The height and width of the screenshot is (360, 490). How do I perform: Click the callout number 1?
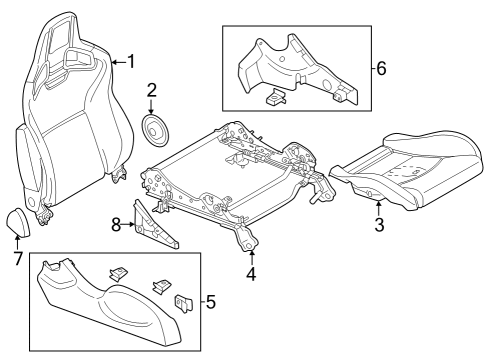click(131, 62)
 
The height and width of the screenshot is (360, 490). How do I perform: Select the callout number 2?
click(151, 91)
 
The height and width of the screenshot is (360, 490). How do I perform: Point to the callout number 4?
click(250, 271)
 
